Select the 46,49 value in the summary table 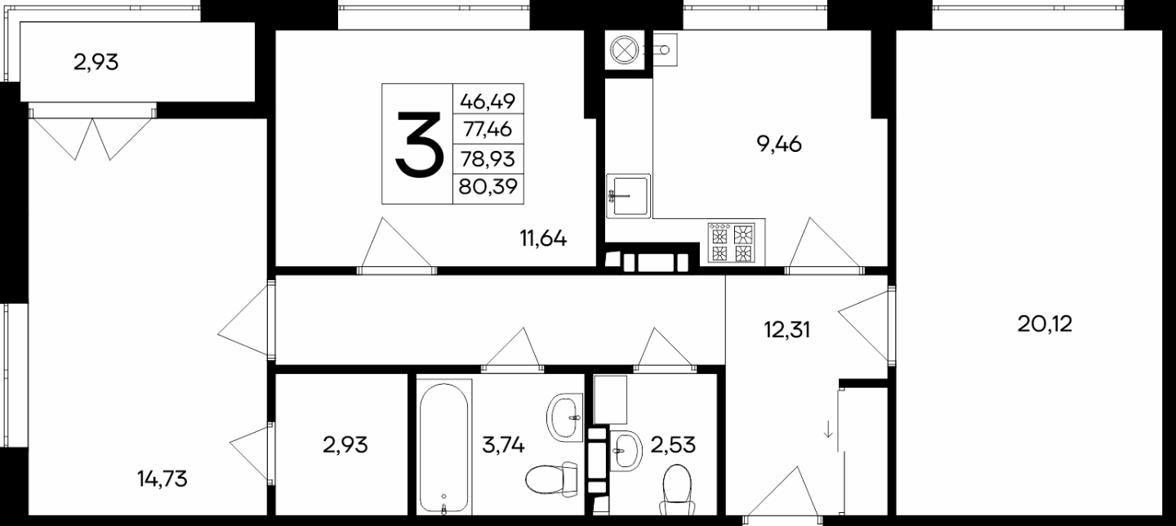click(488, 100)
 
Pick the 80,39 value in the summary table click(488, 186)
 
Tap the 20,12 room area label click(1045, 324)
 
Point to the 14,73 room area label click(163, 479)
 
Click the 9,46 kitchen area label click(779, 144)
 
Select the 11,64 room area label click(543, 238)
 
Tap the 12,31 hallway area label click(786, 330)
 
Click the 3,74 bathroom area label click(503, 445)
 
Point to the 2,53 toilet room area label click(673, 445)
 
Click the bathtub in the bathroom click(444, 448)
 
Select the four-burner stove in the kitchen click(731, 243)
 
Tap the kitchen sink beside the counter click(629, 195)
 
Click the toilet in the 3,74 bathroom click(552, 478)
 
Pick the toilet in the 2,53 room click(677, 489)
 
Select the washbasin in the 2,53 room click(627, 450)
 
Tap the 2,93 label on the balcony click(96, 62)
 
